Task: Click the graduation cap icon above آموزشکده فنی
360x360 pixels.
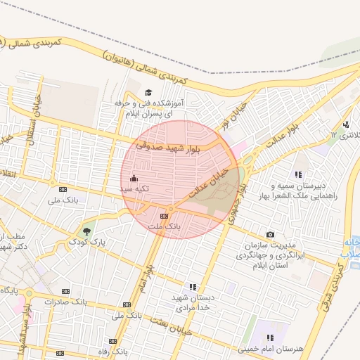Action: pos(148,93)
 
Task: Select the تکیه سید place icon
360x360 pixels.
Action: pos(134,178)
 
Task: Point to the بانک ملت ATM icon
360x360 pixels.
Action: pos(164,216)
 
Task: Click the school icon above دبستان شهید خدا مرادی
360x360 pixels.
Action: pos(192,287)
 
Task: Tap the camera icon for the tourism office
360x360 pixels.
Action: pos(271,234)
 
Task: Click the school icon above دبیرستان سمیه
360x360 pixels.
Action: pos(298,174)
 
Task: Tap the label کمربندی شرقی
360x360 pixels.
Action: pos(349,273)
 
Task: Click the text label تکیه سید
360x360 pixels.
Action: pos(133,189)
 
